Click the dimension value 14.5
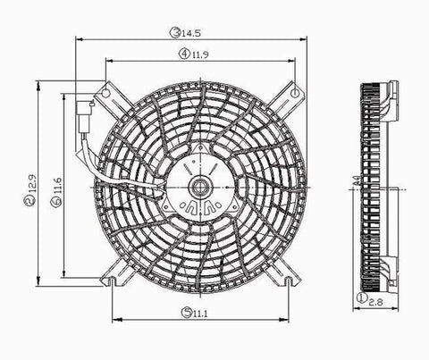coord(191,33)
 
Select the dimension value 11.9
coord(200,54)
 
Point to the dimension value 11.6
coord(58,186)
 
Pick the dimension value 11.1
coord(200,314)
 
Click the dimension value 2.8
coord(375,302)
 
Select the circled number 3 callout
coord(175,33)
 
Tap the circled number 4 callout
coord(184,54)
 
